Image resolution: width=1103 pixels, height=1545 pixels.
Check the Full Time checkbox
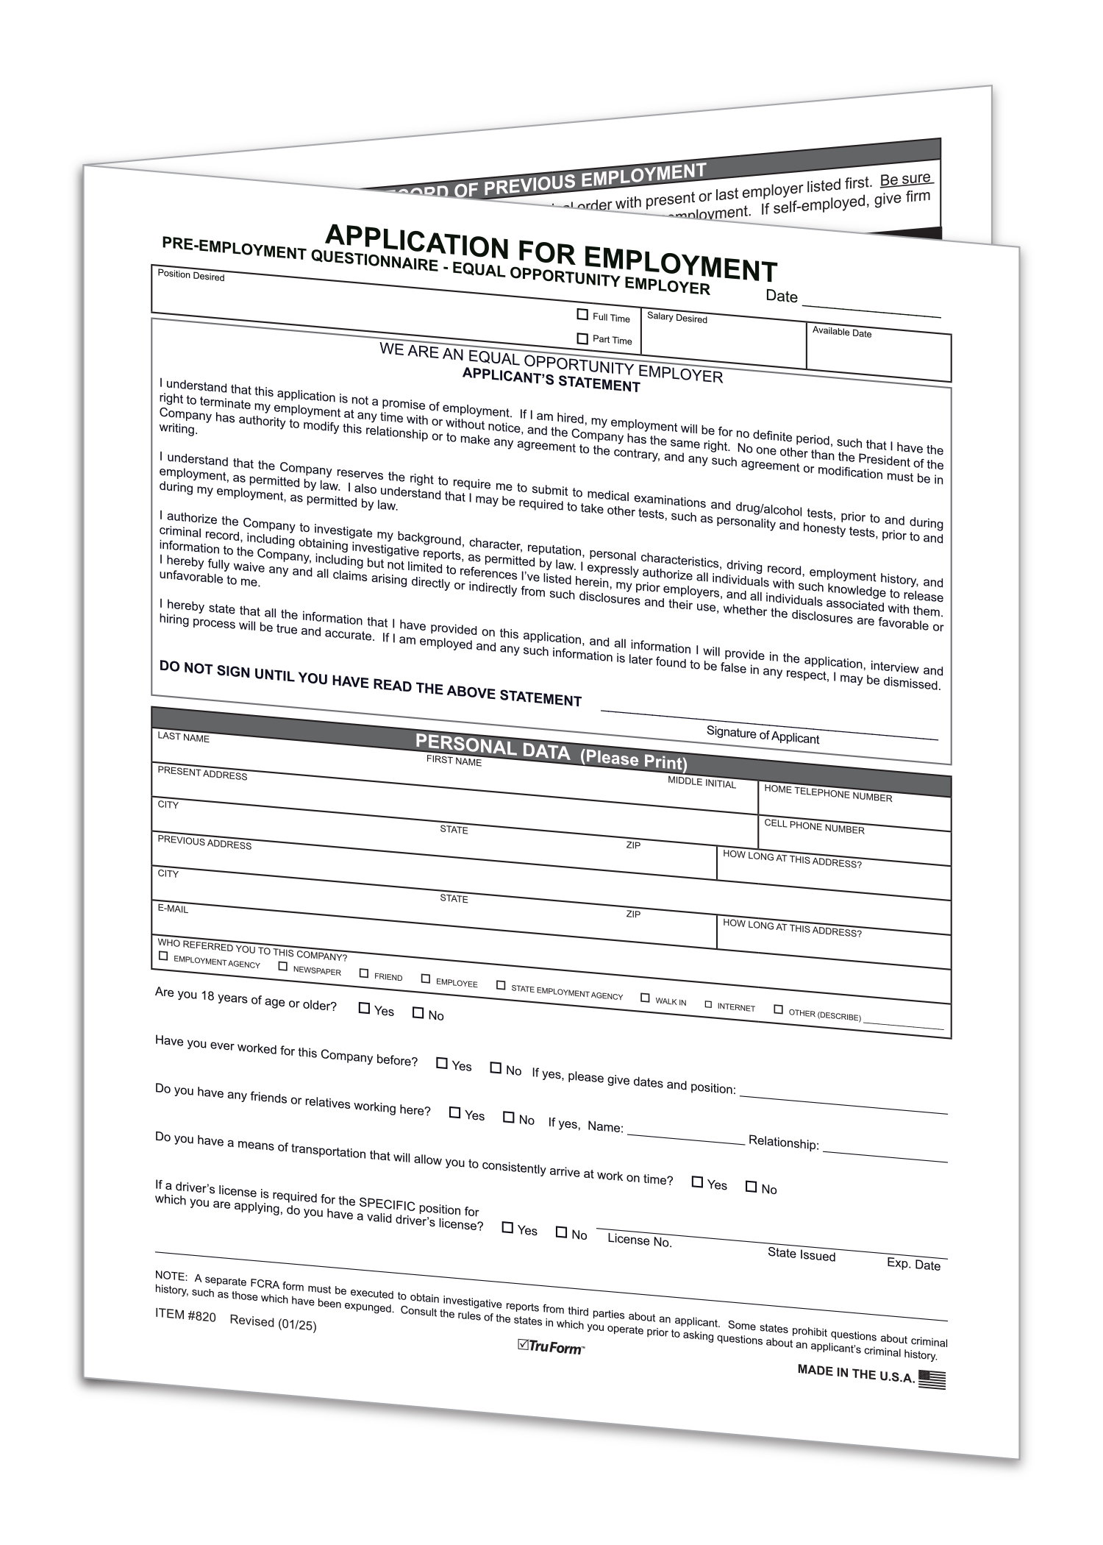(x=582, y=315)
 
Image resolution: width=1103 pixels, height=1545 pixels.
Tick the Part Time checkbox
(x=582, y=338)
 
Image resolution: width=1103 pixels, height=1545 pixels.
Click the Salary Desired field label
(x=677, y=318)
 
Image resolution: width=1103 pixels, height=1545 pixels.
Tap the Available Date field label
(x=841, y=332)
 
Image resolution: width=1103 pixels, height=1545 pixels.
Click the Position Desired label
(x=191, y=276)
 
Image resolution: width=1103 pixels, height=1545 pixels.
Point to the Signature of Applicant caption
(x=763, y=735)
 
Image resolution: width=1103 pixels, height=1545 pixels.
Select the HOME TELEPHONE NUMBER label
(x=828, y=793)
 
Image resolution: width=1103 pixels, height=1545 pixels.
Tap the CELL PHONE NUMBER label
(x=814, y=826)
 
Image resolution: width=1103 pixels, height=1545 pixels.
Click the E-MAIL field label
(x=173, y=909)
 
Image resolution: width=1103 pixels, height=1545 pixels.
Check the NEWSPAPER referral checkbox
(x=283, y=966)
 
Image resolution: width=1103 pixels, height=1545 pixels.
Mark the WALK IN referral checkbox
(x=645, y=998)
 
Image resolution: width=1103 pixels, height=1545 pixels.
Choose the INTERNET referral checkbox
(x=709, y=1004)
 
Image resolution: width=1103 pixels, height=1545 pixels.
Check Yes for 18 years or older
(x=364, y=1008)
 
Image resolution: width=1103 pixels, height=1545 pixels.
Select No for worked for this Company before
(x=496, y=1068)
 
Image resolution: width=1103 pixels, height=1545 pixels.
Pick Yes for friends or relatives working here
(x=455, y=1113)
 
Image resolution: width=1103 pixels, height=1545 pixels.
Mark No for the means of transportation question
(x=752, y=1186)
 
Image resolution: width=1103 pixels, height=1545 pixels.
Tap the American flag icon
(x=932, y=1379)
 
